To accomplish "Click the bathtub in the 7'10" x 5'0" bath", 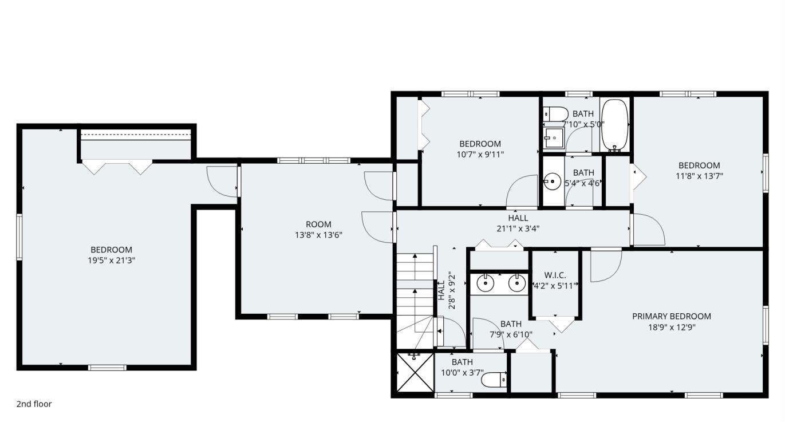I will [x=614, y=125].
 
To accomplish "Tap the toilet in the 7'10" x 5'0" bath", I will [x=555, y=113].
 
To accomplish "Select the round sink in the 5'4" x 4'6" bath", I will [x=552, y=183].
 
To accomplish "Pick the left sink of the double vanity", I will [x=485, y=283].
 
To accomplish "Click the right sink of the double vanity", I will [x=517, y=283].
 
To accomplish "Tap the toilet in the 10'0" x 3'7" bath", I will [x=494, y=380].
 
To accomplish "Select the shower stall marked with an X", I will [x=415, y=373].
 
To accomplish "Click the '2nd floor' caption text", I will [x=34, y=404].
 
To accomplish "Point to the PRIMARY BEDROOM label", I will [x=671, y=316].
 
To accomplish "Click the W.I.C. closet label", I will [x=555, y=275].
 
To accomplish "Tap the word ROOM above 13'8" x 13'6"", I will [x=318, y=224].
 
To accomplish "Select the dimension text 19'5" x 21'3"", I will [x=111, y=261].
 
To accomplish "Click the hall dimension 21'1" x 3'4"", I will [x=518, y=228].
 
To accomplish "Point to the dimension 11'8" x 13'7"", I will [x=699, y=176].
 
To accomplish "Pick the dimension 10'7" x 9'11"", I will [x=480, y=154].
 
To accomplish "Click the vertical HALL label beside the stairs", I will [x=441, y=290].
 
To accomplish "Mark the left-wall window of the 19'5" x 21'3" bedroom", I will [x=19, y=237].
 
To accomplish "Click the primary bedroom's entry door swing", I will [x=606, y=266].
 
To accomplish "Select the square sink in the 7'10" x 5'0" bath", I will [x=554, y=137].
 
